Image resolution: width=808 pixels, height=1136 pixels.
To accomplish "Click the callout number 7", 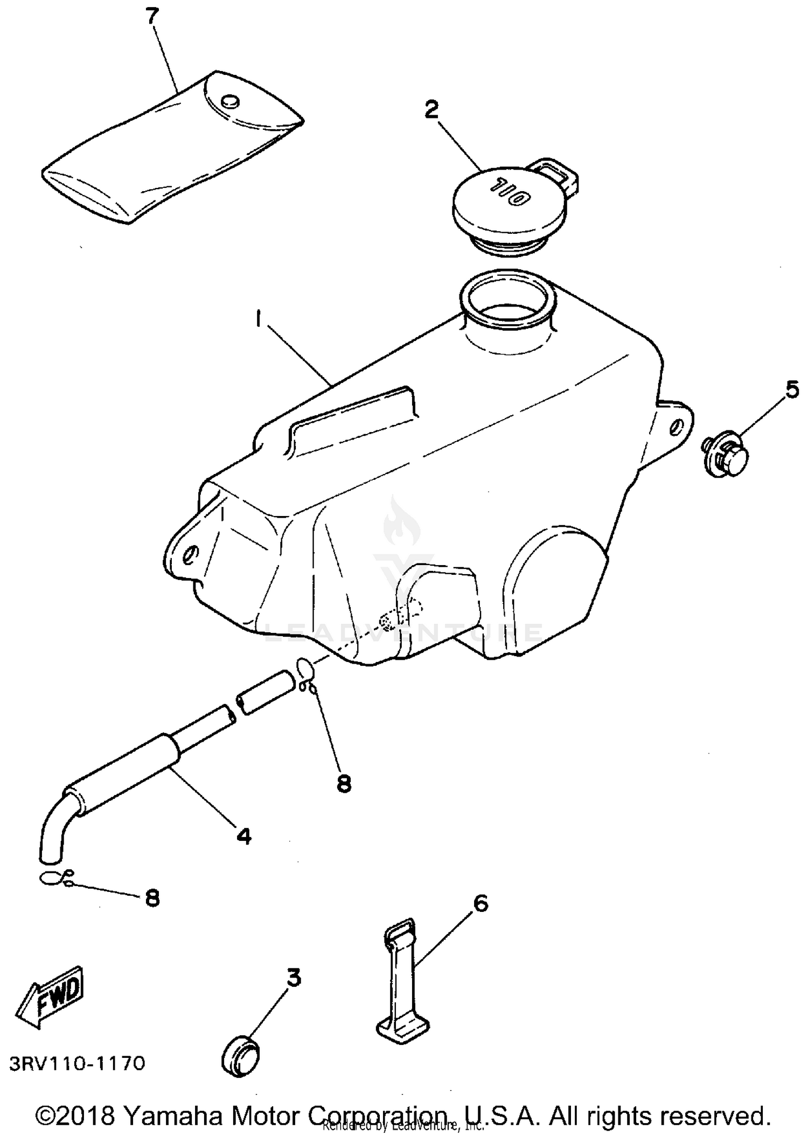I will click(153, 17).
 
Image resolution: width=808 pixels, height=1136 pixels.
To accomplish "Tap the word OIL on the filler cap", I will click(509, 192).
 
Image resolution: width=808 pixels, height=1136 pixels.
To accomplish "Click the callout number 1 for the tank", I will click(260, 320).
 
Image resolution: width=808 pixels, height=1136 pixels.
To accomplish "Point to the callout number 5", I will click(792, 389).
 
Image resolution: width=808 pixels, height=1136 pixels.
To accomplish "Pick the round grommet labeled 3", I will click(240, 1050).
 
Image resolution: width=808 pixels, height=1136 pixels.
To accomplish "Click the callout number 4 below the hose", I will click(244, 836).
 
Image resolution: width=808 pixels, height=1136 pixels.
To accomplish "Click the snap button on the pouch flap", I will click(230, 101).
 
